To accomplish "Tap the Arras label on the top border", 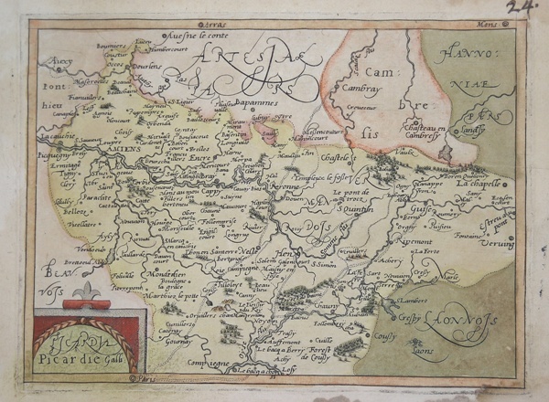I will click(211, 17).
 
